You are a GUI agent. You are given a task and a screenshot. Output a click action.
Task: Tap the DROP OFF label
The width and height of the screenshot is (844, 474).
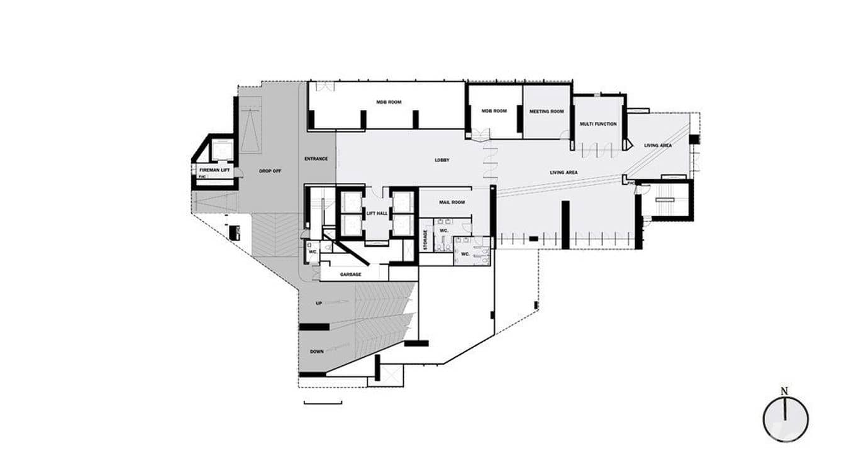click(270, 171)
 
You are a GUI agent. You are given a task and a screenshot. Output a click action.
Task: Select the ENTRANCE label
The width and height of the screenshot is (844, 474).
click(316, 158)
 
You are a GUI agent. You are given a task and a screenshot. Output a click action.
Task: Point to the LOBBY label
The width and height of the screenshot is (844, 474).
click(442, 160)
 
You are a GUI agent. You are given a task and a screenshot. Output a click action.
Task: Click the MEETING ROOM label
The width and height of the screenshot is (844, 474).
click(547, 111)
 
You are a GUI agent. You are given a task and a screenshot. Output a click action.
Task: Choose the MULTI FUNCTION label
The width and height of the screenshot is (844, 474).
click(598, 124)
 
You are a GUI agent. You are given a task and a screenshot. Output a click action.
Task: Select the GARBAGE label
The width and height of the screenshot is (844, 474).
click(350, 275)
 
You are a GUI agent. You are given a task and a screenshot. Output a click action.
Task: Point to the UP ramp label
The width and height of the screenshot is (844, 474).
click(319, 304)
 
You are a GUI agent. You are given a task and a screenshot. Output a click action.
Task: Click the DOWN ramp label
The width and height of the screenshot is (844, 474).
click(317, 351)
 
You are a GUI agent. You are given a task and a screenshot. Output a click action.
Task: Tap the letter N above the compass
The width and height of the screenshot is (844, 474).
click(784, 391)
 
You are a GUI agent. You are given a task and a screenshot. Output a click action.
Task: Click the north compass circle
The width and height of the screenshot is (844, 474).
click(786, 419)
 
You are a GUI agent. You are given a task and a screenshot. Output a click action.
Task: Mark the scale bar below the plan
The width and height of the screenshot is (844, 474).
click(323, 402)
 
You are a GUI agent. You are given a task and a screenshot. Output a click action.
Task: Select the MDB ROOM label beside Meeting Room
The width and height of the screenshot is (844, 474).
click(494, 111)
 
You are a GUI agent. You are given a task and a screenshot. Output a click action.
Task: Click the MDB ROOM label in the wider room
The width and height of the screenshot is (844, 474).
click(389, 102)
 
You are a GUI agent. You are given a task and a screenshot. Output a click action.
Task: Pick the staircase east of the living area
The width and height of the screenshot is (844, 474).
click(664, 200)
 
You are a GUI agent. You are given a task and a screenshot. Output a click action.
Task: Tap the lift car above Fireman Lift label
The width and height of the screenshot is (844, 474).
click(221, 150)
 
